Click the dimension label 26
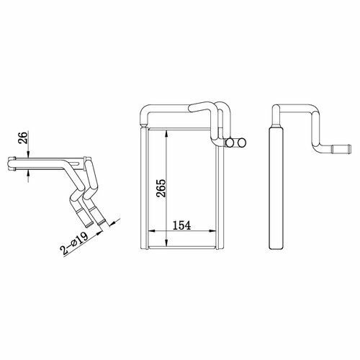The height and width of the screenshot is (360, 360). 23,137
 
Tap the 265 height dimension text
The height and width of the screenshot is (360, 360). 161,188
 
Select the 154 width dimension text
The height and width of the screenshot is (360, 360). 181,225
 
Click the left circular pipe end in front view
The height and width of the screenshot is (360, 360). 230,143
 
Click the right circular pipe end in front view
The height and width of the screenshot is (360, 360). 242,143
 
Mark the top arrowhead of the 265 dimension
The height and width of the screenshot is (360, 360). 166,134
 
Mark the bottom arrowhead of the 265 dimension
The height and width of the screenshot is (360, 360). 166,243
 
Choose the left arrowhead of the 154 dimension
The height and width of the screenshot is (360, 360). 152,231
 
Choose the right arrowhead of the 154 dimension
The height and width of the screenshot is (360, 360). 212,231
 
